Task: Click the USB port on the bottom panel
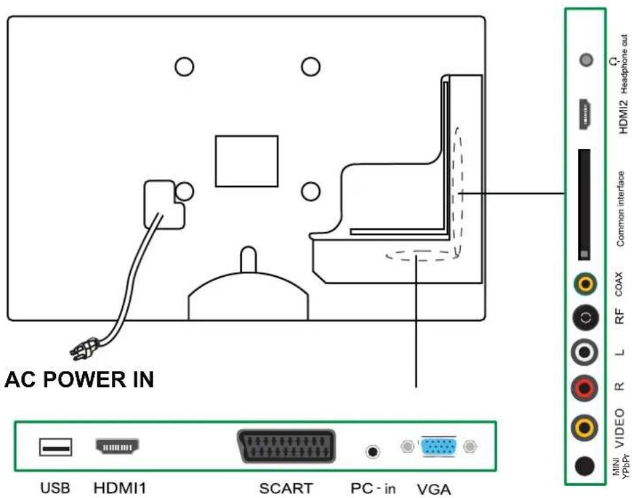point(55,448)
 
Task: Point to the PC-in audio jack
point(373,451)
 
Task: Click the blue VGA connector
point(439,447)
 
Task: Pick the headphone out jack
point(586,61)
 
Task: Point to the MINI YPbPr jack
point(585,465)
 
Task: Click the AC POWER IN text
point(79,380)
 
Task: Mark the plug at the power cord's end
point(86,347)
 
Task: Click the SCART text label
point(287,489)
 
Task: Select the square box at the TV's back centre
point(246,162)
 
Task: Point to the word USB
point(55,488)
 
